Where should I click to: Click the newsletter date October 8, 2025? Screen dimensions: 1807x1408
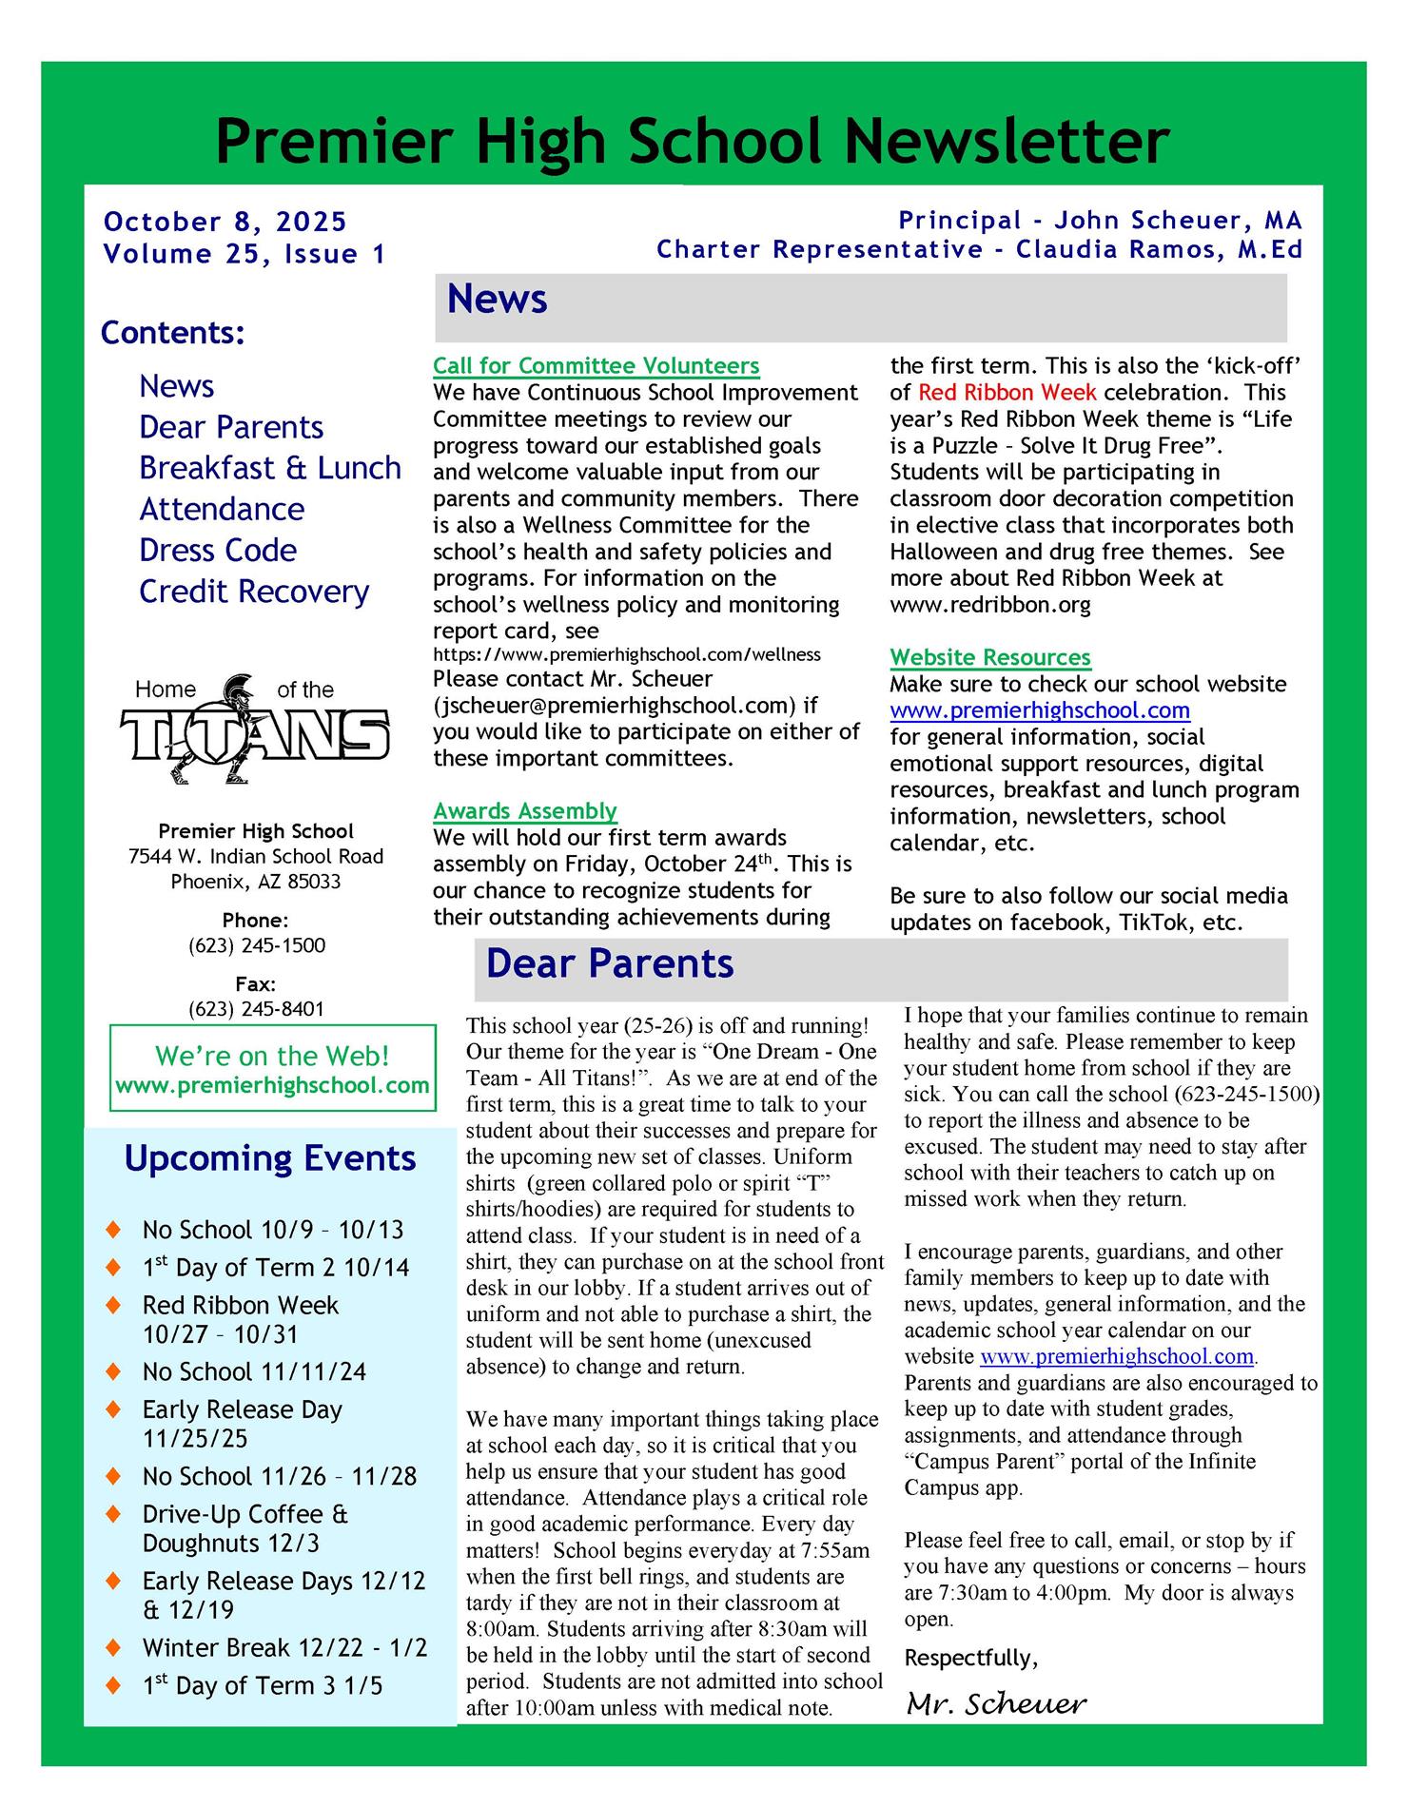click(x=225, y=222)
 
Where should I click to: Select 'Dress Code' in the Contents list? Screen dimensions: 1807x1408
click(x=218, y=551)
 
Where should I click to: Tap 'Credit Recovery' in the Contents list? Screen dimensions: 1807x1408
click(x=253, y=592)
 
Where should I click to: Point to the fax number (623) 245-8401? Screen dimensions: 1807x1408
click(x=256, y=1009)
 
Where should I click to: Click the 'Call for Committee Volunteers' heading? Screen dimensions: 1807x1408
click(x=596, y=366)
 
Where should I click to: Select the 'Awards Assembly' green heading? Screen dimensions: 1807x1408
click(x=525, y=811)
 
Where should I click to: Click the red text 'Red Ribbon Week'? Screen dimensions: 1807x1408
click(x=1007, y=393)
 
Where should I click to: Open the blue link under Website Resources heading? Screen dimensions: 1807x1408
click(x=1040, y=710)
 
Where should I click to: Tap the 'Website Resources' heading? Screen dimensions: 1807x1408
click(x=989, y=657)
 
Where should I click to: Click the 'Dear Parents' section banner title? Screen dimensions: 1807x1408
click(x=609, y=963)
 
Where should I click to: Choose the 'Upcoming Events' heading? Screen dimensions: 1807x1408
click(x=270, y=1158)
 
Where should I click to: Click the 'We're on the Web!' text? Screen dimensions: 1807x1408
click(x=272, y=1056)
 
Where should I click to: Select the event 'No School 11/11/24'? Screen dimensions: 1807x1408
click(x=254, y=1371)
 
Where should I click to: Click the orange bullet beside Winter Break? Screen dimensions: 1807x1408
click(x=114, y=1646)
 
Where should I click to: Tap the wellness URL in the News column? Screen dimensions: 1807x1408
click(x=626, y=654)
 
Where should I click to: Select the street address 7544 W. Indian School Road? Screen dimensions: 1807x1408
click(x=256, y=856)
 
